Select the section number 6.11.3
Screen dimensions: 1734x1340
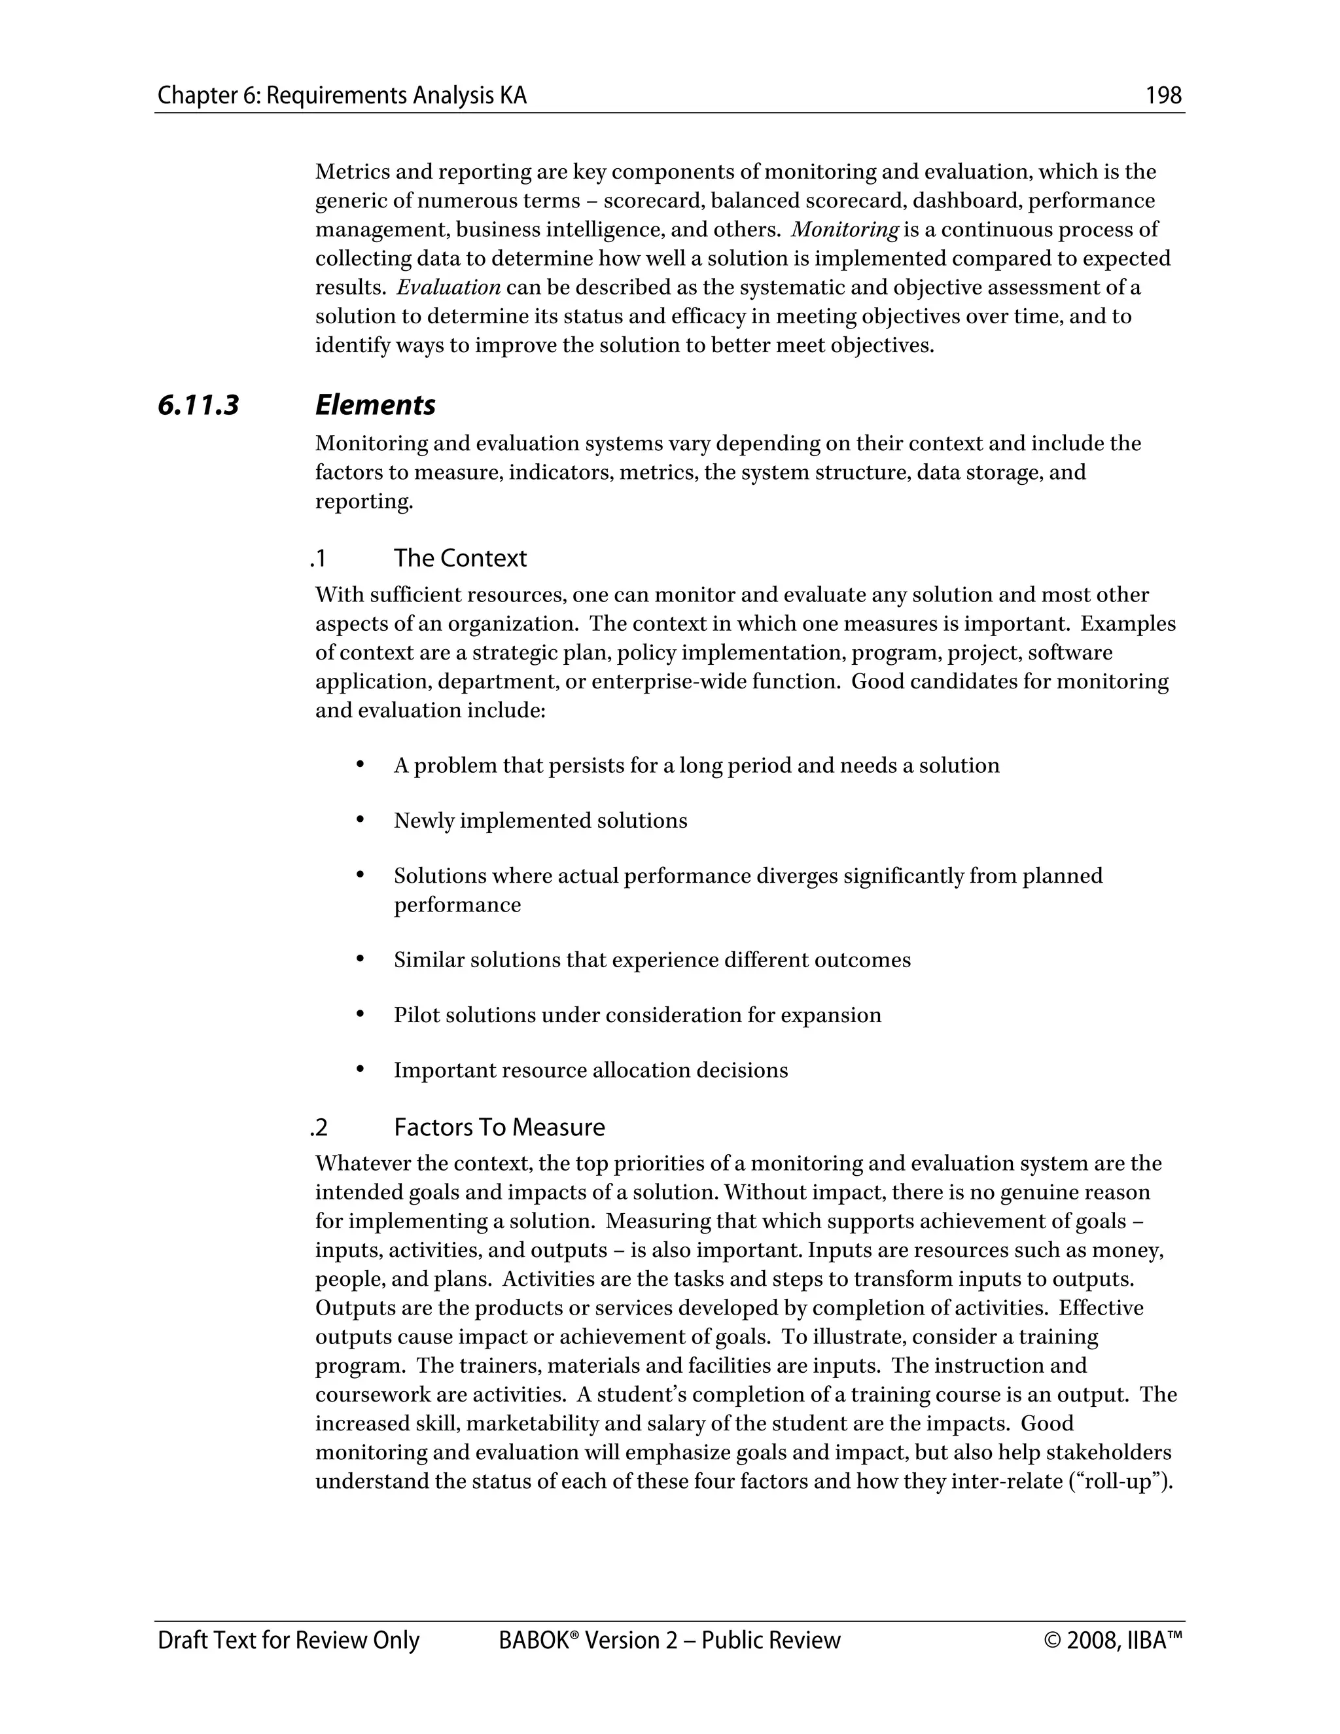(198, 406)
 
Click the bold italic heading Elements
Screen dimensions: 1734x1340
(375, 406)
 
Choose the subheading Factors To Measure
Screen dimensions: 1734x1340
(499, 1127)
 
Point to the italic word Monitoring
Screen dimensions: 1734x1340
(845, 230)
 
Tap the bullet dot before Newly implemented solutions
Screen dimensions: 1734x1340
(361, 819)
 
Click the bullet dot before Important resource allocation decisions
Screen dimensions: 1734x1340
(361, 1069)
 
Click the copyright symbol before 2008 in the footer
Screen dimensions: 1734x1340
(1053, 1640)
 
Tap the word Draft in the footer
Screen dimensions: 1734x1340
(182, 1640)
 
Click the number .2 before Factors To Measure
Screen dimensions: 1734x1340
(319, 1127)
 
